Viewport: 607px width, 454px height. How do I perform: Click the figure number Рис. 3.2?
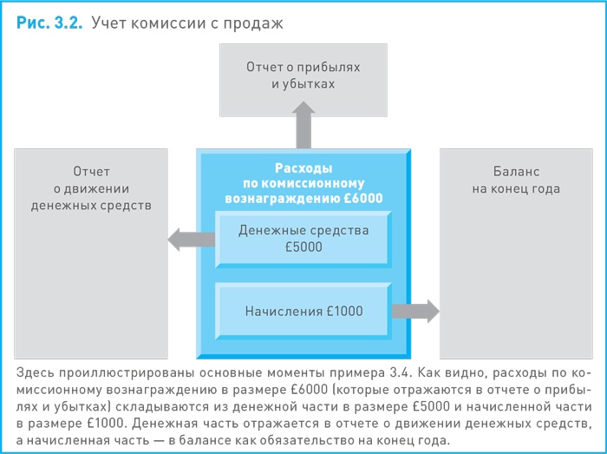pos(49,23)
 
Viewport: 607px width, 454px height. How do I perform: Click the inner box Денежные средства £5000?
pos(303,239)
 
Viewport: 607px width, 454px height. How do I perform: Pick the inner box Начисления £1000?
pos(303,311)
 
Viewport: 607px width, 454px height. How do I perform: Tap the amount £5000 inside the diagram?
pos(303,247)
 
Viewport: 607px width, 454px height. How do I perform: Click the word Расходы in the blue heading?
pos(303,168)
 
